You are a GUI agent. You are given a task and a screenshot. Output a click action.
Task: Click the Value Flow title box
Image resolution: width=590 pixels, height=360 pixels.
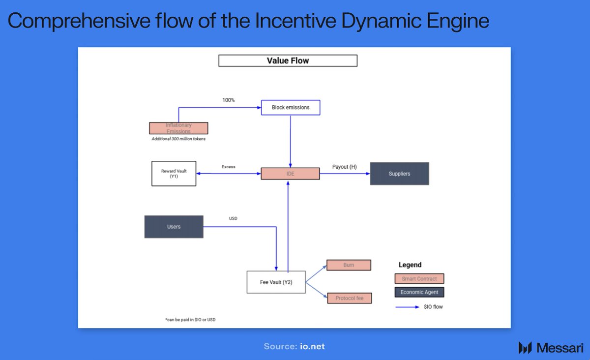(288, 61)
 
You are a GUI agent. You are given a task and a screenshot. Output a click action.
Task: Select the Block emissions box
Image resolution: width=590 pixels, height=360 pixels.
(290, 107)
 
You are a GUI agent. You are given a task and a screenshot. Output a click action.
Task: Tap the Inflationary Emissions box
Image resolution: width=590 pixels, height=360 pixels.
(178, 128)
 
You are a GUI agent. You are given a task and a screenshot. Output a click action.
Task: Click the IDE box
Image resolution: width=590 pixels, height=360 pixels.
(290, 174)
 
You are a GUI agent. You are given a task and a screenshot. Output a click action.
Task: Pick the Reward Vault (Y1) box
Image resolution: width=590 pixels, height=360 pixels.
(174, 174)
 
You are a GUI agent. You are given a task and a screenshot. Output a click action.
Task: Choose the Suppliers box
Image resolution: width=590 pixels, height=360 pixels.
(399, 174)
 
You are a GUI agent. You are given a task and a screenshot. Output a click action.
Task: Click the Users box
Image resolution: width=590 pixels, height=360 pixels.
(174, 227)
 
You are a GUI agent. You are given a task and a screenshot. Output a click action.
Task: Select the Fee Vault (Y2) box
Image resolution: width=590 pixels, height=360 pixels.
(276, 282)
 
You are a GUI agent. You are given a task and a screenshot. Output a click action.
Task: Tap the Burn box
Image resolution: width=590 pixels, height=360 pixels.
(349, 265)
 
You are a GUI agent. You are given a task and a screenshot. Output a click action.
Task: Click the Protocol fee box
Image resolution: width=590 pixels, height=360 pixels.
(349, 298)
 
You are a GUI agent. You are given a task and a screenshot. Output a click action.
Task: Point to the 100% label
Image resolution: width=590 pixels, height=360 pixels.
(229, 100)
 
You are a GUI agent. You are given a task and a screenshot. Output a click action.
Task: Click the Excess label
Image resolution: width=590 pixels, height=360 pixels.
(228, 167)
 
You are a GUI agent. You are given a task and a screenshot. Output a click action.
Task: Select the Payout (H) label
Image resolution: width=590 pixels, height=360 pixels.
(344, 167)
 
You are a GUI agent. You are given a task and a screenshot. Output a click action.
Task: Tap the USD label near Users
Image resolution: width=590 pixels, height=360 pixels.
(233, 218)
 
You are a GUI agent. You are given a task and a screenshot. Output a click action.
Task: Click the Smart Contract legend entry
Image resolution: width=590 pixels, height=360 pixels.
(419, 279)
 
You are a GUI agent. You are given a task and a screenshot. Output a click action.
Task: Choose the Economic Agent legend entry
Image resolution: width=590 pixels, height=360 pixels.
(419, 292)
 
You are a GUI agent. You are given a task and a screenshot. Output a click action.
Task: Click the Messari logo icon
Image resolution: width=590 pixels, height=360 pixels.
(525, 348)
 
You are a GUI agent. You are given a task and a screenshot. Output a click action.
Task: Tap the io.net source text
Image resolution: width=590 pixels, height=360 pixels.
(313, 346)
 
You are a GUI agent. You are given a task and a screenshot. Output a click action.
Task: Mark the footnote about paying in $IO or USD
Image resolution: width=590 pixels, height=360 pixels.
(190, 320)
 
